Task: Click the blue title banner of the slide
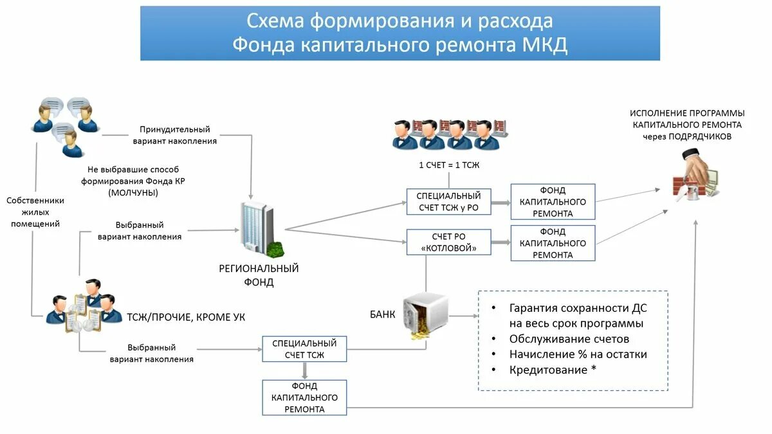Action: point(400,33)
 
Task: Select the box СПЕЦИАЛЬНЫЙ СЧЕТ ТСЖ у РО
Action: point(448,201)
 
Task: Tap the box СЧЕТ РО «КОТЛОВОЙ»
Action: point(448,242)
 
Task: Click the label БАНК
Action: point(382,314)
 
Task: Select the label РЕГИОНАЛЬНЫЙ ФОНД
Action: point(259,275)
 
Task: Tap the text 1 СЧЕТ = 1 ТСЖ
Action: point(449,165)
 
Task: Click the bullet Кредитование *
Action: point(548,370)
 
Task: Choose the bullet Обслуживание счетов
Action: point(569,339)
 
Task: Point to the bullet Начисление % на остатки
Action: point(578,354)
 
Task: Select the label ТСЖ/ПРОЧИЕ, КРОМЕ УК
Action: point(186,317)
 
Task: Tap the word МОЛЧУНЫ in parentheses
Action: point(133,192)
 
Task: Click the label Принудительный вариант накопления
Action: point(174,135)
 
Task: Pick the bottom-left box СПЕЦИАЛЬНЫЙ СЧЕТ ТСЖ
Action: point(304,349)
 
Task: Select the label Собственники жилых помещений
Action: point(35,212)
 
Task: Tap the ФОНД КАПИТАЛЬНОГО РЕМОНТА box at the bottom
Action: point(304,397)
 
